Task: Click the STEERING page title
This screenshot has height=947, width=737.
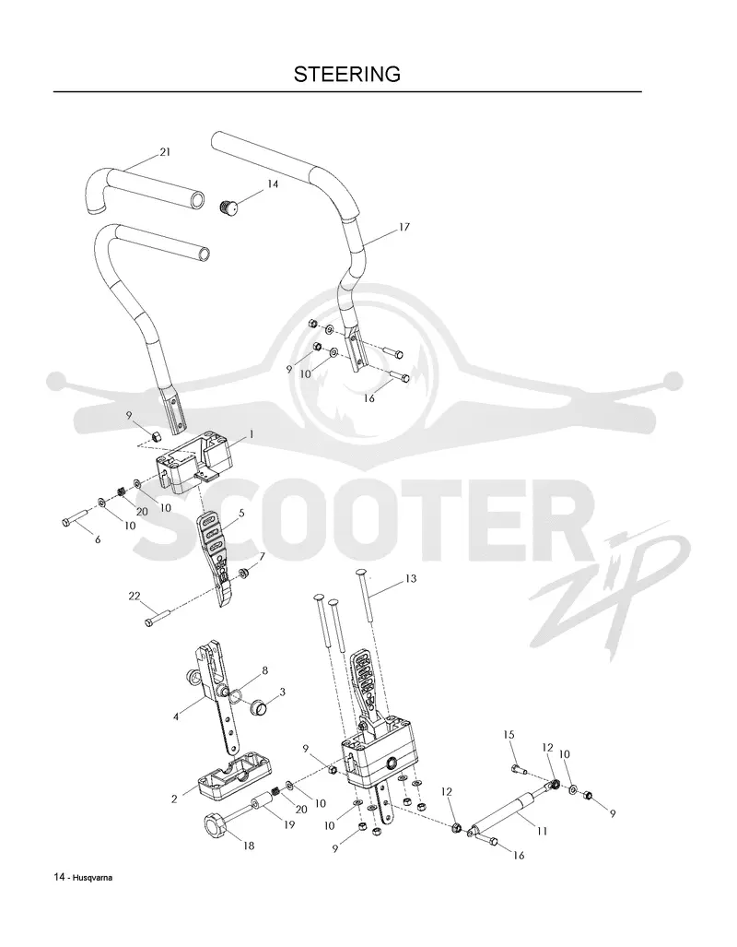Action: (347, 75)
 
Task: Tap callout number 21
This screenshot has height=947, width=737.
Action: (165, 152)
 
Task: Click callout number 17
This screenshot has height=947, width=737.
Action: (404, 227)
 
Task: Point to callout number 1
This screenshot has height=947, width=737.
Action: (252, 434)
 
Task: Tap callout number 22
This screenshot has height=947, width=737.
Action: (134, 596)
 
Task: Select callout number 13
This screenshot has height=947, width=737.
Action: (411, 578)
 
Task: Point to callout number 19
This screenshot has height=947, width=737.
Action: (289, 823)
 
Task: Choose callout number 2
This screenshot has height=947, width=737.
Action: (174, 799)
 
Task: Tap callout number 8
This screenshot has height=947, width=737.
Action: (264, 670)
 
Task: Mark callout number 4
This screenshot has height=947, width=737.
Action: (176, 716)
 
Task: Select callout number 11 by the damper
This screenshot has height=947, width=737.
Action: (542, 831)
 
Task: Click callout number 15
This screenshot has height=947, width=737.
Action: (509, 734)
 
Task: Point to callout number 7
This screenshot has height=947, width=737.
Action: (262, 556)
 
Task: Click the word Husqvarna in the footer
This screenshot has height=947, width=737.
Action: (93, 878)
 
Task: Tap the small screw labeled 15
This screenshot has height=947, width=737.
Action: (519, 769)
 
